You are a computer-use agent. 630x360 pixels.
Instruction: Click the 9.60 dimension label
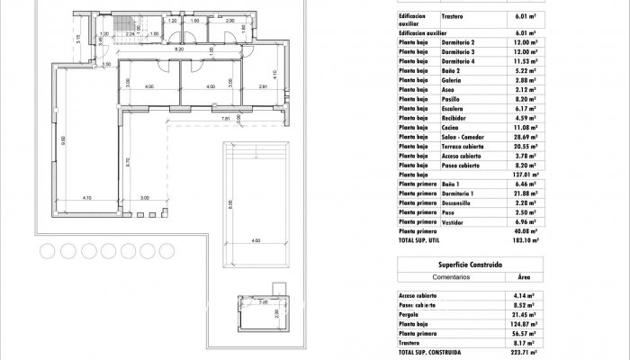tap(63, 140)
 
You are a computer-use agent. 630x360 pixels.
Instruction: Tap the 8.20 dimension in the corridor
tap(179, 50)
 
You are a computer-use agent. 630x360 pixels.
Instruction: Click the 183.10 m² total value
tap(525, 240)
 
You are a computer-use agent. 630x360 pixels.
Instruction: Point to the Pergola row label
tap(409, 315)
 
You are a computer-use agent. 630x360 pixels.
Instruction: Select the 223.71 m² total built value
tap(525, 353)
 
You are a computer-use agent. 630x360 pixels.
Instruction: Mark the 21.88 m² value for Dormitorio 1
tap(525, 193)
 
